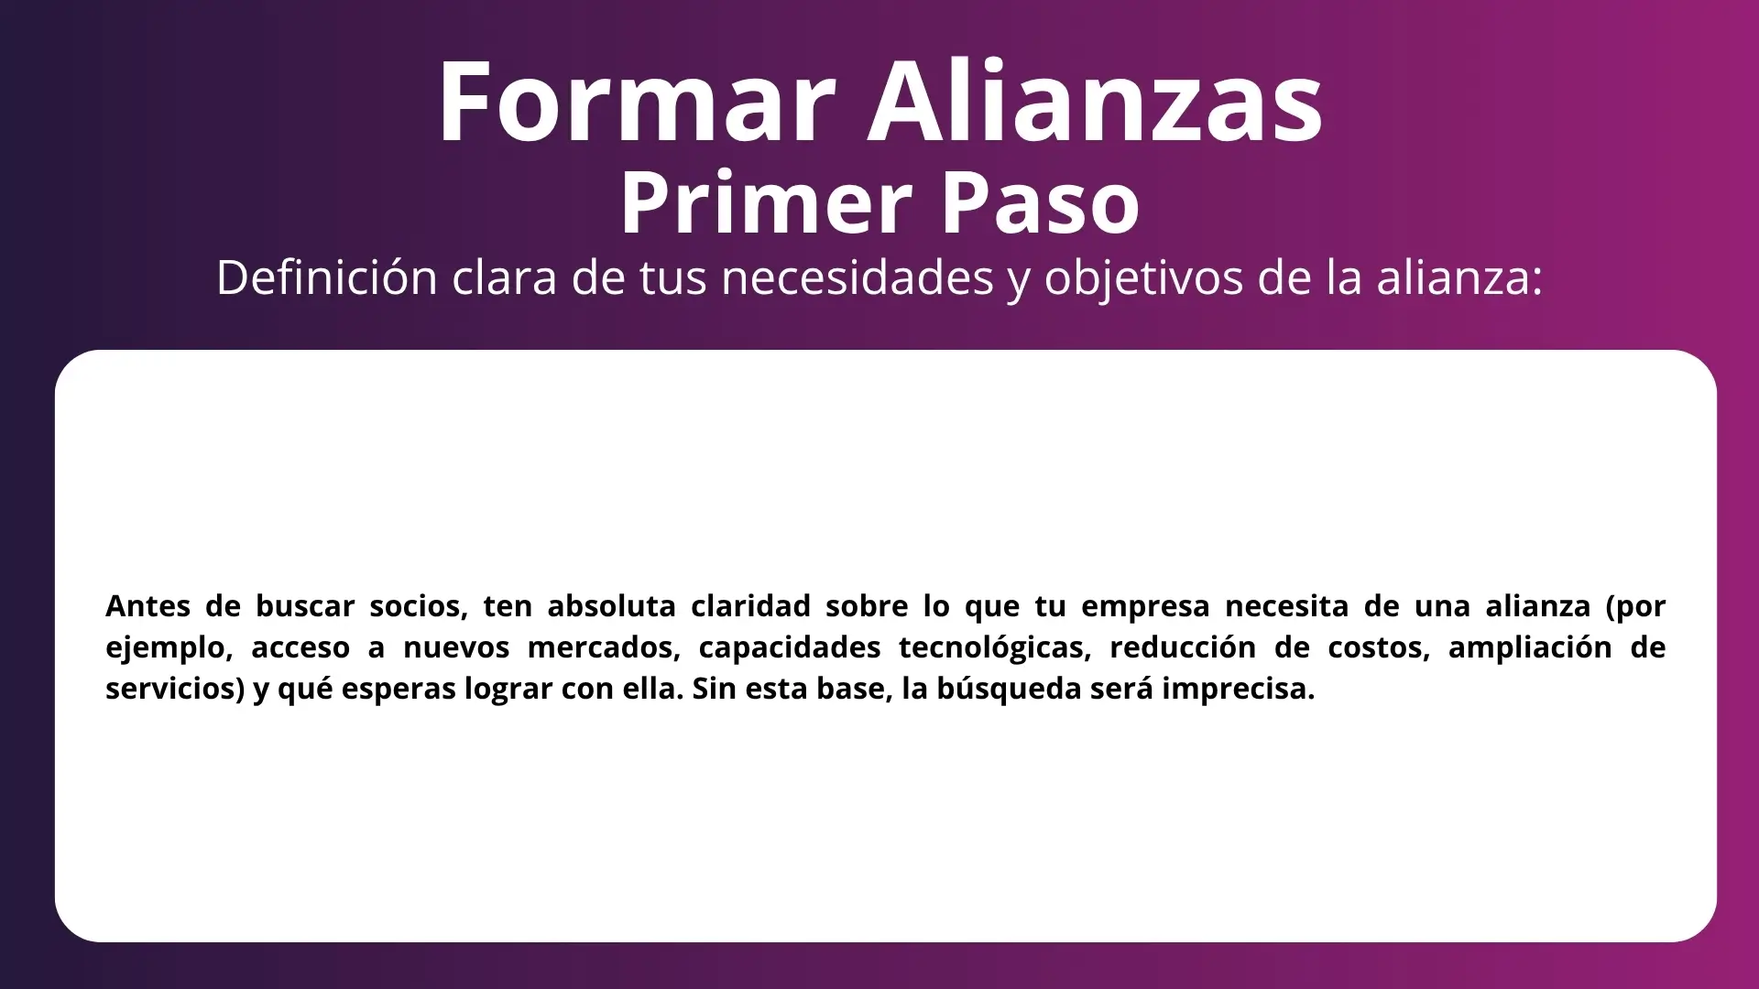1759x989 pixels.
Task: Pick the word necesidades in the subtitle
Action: pyautogui.click(x=858, y=277)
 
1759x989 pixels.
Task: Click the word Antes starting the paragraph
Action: pyautogui.click(x=147, y=605)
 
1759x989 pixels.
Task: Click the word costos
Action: pyautogui.click(x=1379, y=648)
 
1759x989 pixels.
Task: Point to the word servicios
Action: pyautogui.click(x=175, y=690)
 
